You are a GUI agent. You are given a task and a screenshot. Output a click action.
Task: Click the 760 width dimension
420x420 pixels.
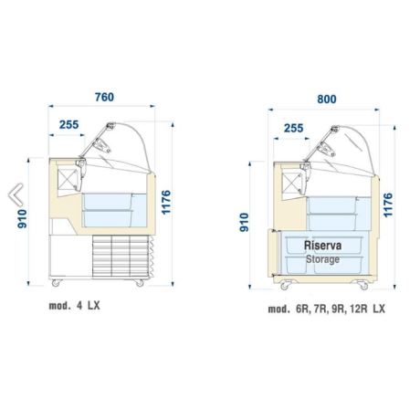[x=104, y=97]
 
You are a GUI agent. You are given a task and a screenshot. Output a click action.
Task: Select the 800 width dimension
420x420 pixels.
[x=327, y=100]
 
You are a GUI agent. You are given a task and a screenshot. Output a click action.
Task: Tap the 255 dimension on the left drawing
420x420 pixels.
[x=68, y=124]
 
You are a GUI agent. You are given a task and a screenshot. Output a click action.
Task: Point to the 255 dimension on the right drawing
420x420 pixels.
[x=293, y=128]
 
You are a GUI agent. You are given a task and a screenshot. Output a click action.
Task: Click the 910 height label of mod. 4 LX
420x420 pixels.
[x=23, y=219]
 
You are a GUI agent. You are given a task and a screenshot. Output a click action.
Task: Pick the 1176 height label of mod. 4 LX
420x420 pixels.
[x=166, y=203]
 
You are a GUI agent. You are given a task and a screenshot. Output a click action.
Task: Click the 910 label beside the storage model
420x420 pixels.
[x=244, y=222]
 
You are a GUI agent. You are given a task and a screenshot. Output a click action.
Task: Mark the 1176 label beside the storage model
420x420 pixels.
[x=388, y=205]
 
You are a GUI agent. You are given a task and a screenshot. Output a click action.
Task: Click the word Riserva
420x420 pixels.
[x=322, y=246]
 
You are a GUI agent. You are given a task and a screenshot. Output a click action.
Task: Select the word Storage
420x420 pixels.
[x=322, y=259]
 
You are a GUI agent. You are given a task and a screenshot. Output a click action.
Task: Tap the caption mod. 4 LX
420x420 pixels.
[x=74, y=306]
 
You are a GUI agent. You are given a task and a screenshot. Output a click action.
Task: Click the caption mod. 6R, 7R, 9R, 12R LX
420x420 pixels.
[x=326, y=309]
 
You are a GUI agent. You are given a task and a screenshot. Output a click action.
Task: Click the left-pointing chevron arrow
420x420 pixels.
[x=15, y=194]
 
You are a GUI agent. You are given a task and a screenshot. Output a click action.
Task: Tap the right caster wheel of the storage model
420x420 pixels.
[x=363, y=286]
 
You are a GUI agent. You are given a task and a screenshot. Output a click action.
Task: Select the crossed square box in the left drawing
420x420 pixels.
[x=67, y=179]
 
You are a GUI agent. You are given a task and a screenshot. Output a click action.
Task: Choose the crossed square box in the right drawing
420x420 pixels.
[x=291, y=183]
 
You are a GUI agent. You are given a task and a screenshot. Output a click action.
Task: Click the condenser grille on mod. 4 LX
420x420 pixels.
[x=121, y=257]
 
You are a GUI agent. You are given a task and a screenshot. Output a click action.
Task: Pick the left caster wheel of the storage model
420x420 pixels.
[x=285, y=286]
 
